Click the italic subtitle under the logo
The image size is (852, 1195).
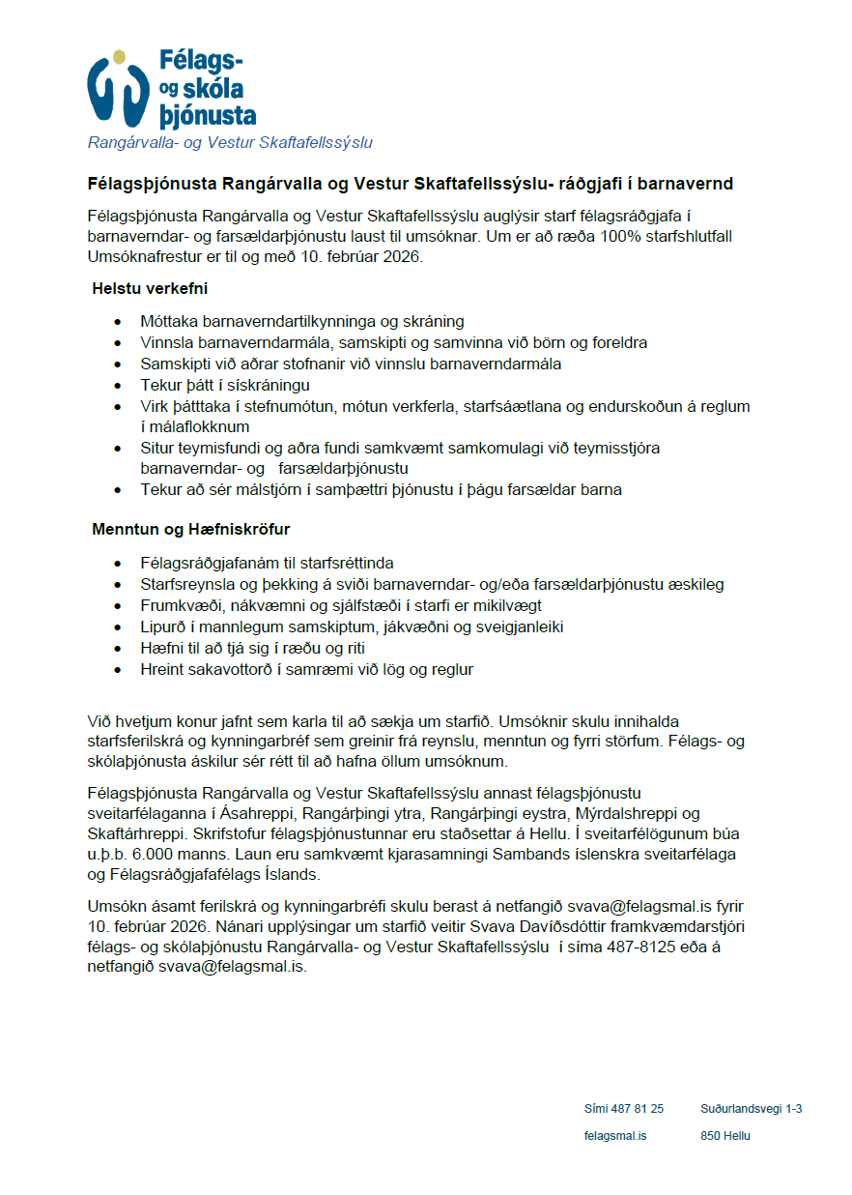tap(230, 143)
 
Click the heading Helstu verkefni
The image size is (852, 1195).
tap(150, 288)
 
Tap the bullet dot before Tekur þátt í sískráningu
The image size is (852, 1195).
tap(118, 386)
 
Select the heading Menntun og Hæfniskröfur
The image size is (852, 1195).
tap(191, 530)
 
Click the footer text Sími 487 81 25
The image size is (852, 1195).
tap(624, 1109)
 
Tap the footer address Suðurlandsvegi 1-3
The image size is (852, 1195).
tap(752, 1109)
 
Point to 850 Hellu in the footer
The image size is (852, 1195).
tap(725, 1136)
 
